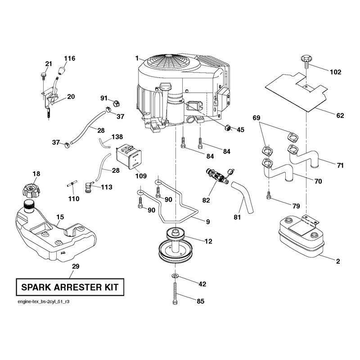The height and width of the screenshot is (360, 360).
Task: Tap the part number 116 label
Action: [x=70, y=58]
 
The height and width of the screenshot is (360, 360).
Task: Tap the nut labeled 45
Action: [x=228, y=127]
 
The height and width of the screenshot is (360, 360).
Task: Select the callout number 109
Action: [x=141, y=176]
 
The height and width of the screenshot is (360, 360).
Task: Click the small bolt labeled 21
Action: [x=43, y=76]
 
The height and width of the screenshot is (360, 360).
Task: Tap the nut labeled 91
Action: [x=117, y=104]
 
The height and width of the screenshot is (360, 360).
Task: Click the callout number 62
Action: [x=340, y=116]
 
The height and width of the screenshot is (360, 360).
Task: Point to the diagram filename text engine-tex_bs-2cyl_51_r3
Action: [x=43, y=301]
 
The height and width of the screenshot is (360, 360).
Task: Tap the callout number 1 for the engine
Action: [x=137, y=58]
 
